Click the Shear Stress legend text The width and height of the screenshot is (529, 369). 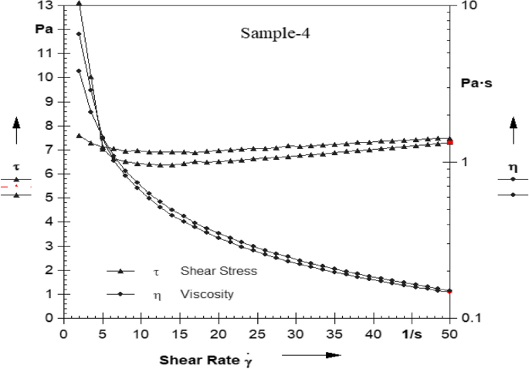pos(219,271)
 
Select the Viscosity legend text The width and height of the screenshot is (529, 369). pos(208,294)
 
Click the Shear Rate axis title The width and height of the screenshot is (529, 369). pos(207,359)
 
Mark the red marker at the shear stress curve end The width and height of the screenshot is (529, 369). pos(449,142)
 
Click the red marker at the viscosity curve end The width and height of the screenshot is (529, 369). pos(449,291)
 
